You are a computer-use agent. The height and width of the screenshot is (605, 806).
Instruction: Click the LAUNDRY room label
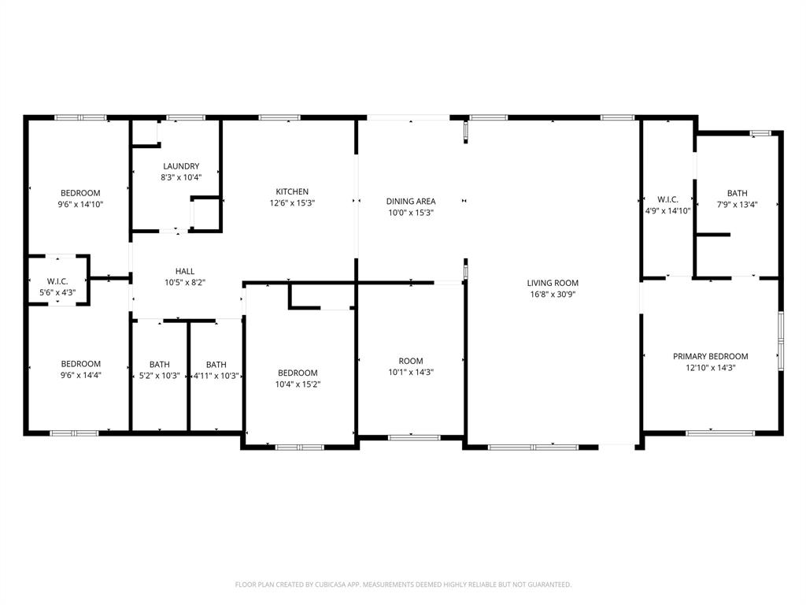click(181, 166)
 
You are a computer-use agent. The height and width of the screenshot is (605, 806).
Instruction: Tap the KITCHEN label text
click(292, 191)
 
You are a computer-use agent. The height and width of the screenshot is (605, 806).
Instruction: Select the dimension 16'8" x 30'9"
click(553, 295)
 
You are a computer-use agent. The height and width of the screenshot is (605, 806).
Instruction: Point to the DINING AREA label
click(411, 201)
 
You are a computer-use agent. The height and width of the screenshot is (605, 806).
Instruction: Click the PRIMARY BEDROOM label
click(710, 356)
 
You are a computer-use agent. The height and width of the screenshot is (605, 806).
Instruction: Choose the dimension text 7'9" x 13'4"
click(737, 205)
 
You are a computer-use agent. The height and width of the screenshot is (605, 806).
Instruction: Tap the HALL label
click(185, 271)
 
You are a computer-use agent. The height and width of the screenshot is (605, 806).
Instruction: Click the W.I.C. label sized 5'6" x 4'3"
click(57, 280)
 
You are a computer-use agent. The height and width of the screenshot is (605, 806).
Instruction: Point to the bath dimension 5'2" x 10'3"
click(160, 376)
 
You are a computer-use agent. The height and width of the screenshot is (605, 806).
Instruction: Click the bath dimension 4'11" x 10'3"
click(216, 376)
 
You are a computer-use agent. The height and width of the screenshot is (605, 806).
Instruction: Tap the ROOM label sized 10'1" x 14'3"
click(411, 361)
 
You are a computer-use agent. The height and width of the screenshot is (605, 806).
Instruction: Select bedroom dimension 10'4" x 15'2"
click(298, 384)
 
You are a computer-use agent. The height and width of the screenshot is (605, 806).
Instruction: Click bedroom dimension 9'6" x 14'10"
click(80, 204)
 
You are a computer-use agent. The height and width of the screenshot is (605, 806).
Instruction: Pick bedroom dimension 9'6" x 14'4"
click(80, 375)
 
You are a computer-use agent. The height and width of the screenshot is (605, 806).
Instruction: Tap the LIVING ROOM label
click(553, 283)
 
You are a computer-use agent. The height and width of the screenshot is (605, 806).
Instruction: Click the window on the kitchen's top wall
click(279, 118)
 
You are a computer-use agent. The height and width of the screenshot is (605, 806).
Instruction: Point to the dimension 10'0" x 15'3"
click(411, 213)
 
